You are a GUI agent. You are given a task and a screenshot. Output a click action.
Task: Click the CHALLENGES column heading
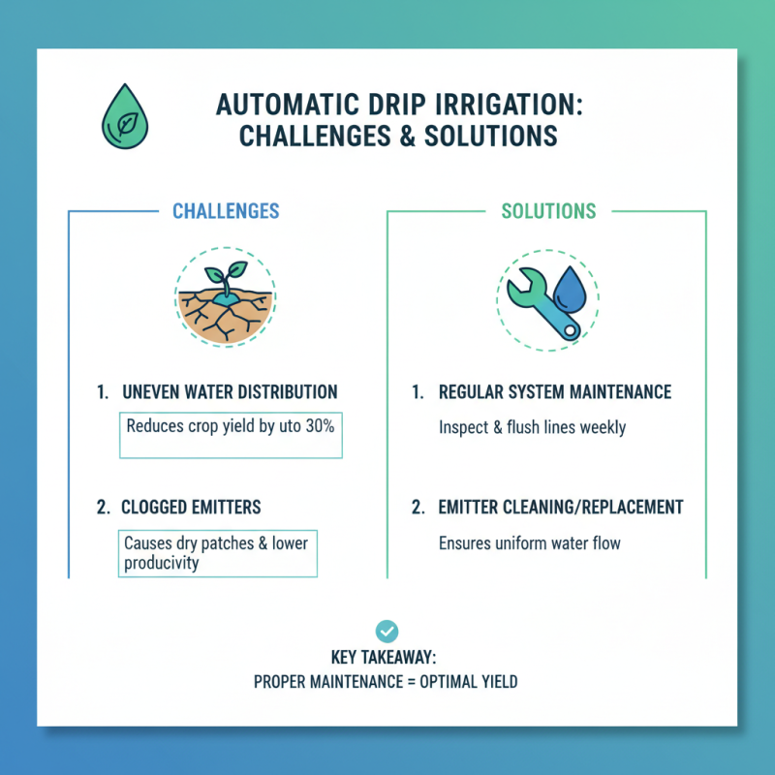coord(226,211)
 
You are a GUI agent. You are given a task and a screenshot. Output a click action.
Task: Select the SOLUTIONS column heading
coord(549,211)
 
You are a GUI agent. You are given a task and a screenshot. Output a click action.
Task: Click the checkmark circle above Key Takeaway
coord(386,632)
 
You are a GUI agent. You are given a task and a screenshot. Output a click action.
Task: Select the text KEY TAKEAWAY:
coord(386,658)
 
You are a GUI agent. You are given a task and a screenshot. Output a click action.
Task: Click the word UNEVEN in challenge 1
coord(150,392)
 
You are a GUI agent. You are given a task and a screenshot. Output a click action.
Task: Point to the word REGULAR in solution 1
coord(472,392)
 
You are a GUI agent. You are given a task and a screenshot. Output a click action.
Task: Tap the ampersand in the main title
coord(411,137)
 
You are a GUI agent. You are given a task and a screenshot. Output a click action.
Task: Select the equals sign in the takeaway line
coord(411,682)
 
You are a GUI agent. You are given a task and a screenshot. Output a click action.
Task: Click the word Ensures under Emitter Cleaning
coord(467,542)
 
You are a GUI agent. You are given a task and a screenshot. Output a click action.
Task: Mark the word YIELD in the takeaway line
coord(498,682)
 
